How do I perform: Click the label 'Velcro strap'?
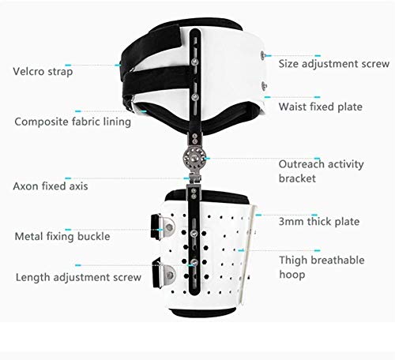[x=43, y=72]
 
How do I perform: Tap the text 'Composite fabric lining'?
[x=73, y=122]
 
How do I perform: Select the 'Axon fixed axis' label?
[x=51, y=186]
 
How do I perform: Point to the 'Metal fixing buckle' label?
[x=62, y=236]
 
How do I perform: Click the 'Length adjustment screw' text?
[x=78, y=277]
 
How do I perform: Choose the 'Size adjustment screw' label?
[x=334, y=64]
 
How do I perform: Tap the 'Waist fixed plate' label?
[x=321, y=107]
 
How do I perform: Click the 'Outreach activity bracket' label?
[x=322, y=171]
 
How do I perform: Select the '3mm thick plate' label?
[x=319, y=222]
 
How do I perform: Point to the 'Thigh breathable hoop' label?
[x=322, y=267]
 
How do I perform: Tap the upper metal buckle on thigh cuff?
[x=163, y=227]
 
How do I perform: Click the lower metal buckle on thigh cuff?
[x=164, y=274]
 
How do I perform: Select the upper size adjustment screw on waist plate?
[x=263, y=55]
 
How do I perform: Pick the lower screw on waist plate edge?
[x=264, y=86]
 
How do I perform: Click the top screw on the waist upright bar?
[x=195, y=62]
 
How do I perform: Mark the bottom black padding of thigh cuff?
[x=203, y=313]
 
